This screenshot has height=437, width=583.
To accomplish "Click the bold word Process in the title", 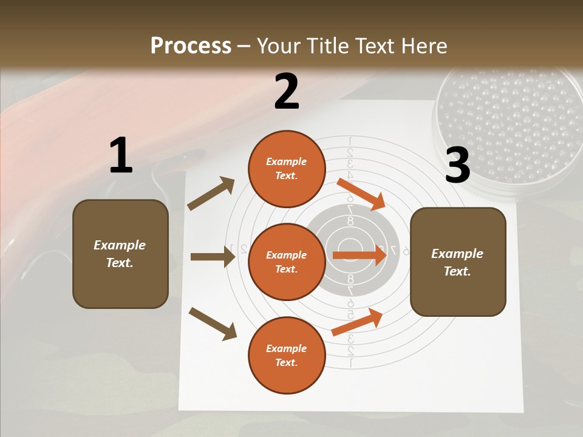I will [191, 46].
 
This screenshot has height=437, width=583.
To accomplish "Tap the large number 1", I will [121, 156].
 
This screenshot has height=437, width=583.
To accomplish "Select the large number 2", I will [287, 92].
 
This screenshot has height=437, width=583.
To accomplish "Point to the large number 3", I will [457, 165].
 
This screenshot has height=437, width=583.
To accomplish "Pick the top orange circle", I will [287, 169].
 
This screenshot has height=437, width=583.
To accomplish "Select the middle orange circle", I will [287, 262].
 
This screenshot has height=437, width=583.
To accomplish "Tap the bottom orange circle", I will [287, 355].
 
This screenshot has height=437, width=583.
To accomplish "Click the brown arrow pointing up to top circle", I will [211, 194].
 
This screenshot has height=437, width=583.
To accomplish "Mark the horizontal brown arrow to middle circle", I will [213, 257].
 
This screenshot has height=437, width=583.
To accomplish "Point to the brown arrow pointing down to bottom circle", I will [213, 323].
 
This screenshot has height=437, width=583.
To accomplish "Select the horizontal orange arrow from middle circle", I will [360, 256].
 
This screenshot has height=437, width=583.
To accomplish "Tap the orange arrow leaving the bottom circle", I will [358, 322].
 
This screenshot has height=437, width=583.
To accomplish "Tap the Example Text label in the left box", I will [120, 254].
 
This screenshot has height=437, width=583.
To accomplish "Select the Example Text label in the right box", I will [457, 262].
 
